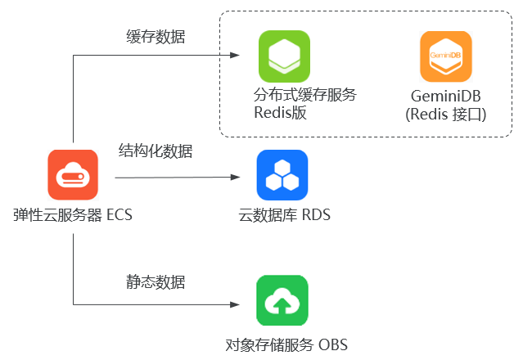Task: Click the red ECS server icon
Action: pos(73,175)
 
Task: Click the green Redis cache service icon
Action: pos(284,56)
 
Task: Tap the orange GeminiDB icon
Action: pos(445,56)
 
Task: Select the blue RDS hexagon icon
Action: pos(282,175)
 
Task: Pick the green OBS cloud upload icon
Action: pos(282,300)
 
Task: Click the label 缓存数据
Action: pos(156,37)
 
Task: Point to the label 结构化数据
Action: pos(156,151)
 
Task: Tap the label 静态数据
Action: pos(156,282)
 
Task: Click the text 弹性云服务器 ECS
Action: pos(72,216)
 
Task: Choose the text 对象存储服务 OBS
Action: pos(286,344)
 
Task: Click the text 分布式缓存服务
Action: pos(305,94)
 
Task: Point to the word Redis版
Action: pos(280,113)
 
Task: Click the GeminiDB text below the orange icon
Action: pos(445,96)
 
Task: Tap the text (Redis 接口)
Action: pos(445,115)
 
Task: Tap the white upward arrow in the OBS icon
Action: pos(282,304)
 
